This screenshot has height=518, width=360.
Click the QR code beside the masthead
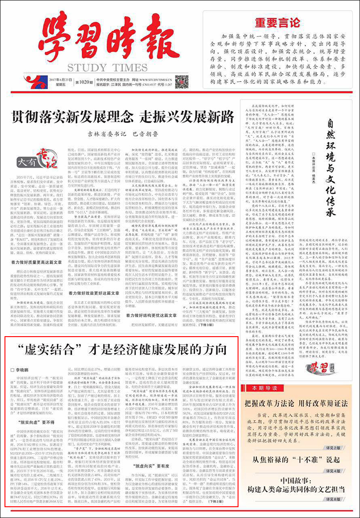point(181,81)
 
